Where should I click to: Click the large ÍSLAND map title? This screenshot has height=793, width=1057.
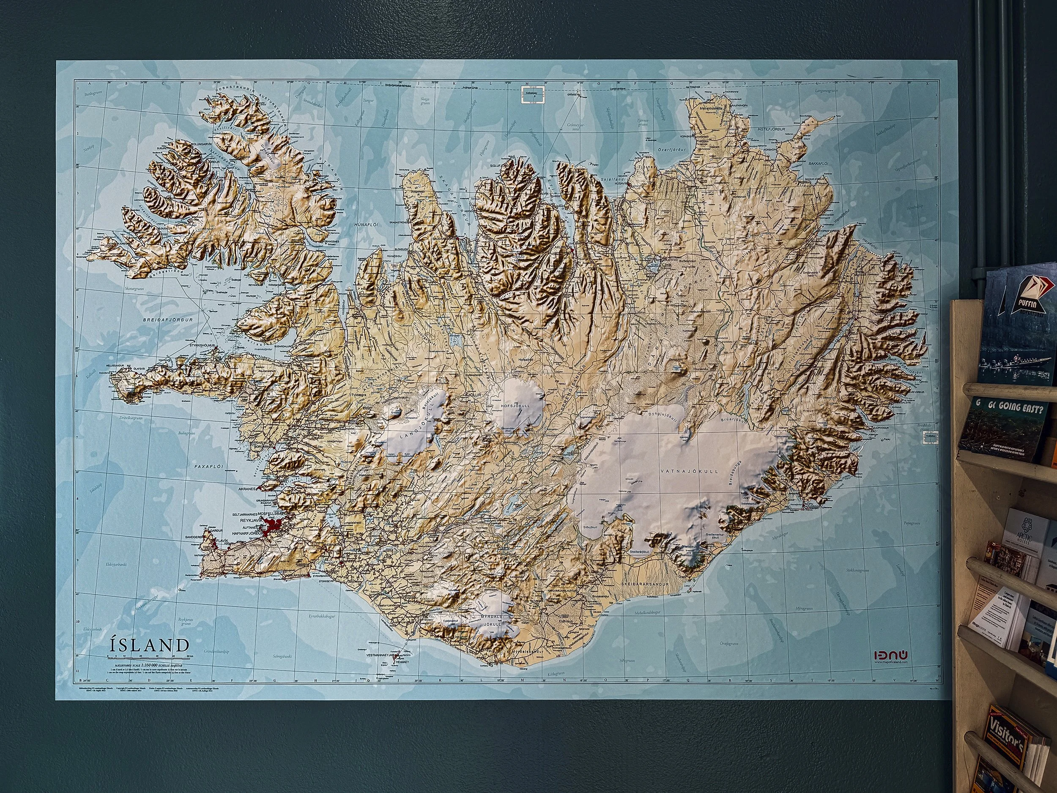click(x=149, y=645)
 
